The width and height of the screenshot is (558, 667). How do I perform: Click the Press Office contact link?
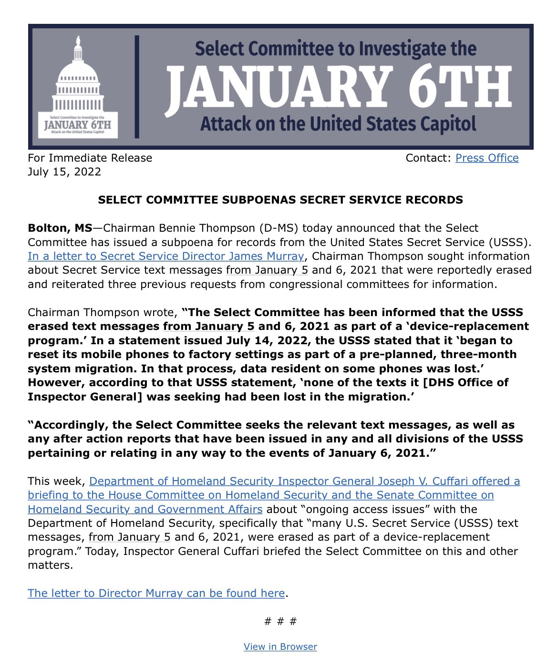pos(486,158)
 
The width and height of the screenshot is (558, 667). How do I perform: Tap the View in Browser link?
pos(280,646)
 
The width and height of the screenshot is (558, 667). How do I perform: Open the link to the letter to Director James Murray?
pos(165,256)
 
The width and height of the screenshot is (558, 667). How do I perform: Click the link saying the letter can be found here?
pos(156,593)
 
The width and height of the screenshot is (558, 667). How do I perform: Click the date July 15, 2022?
pos(64,172)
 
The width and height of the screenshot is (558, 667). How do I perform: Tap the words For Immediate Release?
pos(90,158)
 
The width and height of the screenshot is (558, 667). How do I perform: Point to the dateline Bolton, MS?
pos(60,228)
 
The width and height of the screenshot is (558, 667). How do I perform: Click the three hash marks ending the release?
pos(280,621)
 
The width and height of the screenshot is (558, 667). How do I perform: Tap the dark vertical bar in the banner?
pos(137,87)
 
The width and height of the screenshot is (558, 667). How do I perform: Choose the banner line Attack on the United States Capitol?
pos(338,124)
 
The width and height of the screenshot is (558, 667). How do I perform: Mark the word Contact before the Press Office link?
pos(426,158)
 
